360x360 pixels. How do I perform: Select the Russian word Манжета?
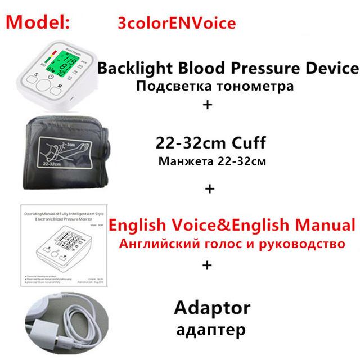coord(183,162)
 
